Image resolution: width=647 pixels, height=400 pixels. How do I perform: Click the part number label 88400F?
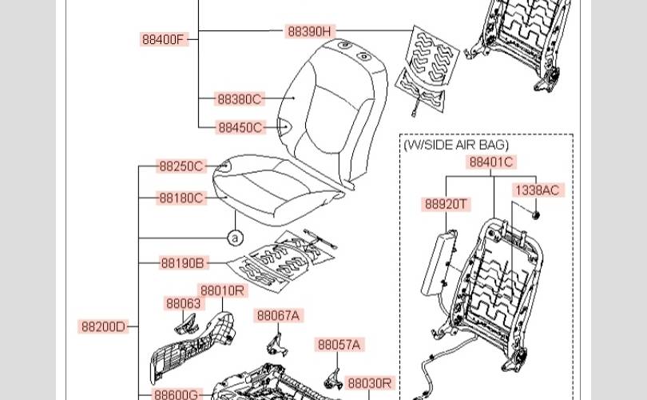click(164, 39)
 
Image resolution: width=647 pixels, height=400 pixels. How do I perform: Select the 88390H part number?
click(309, 32)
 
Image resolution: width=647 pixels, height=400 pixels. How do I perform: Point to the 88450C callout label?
click(240, 127)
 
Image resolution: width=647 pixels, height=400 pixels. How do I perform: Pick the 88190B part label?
click(183, 263)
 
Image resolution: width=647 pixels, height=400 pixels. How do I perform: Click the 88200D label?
click(104, 326)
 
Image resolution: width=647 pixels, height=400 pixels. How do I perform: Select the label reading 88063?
click(183, 303)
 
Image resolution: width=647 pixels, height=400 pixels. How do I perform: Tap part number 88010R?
click(223, 290)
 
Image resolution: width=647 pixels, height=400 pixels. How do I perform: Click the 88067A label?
click(279, 316)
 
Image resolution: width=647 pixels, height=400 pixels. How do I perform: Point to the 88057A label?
click(339, 345)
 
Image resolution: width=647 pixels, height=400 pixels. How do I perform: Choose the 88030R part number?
click(370, 383)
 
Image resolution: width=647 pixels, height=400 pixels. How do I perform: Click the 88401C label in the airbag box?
click(491, 162)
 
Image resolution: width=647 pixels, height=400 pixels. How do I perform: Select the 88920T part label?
click(447, 204)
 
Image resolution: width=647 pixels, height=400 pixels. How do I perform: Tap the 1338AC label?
click(537, 190)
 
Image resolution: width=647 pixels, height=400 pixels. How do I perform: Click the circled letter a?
click(235, 238)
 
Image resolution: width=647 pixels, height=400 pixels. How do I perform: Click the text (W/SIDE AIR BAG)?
click(455, 145)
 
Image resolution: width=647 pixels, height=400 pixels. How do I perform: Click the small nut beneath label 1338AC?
click(536, 213)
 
